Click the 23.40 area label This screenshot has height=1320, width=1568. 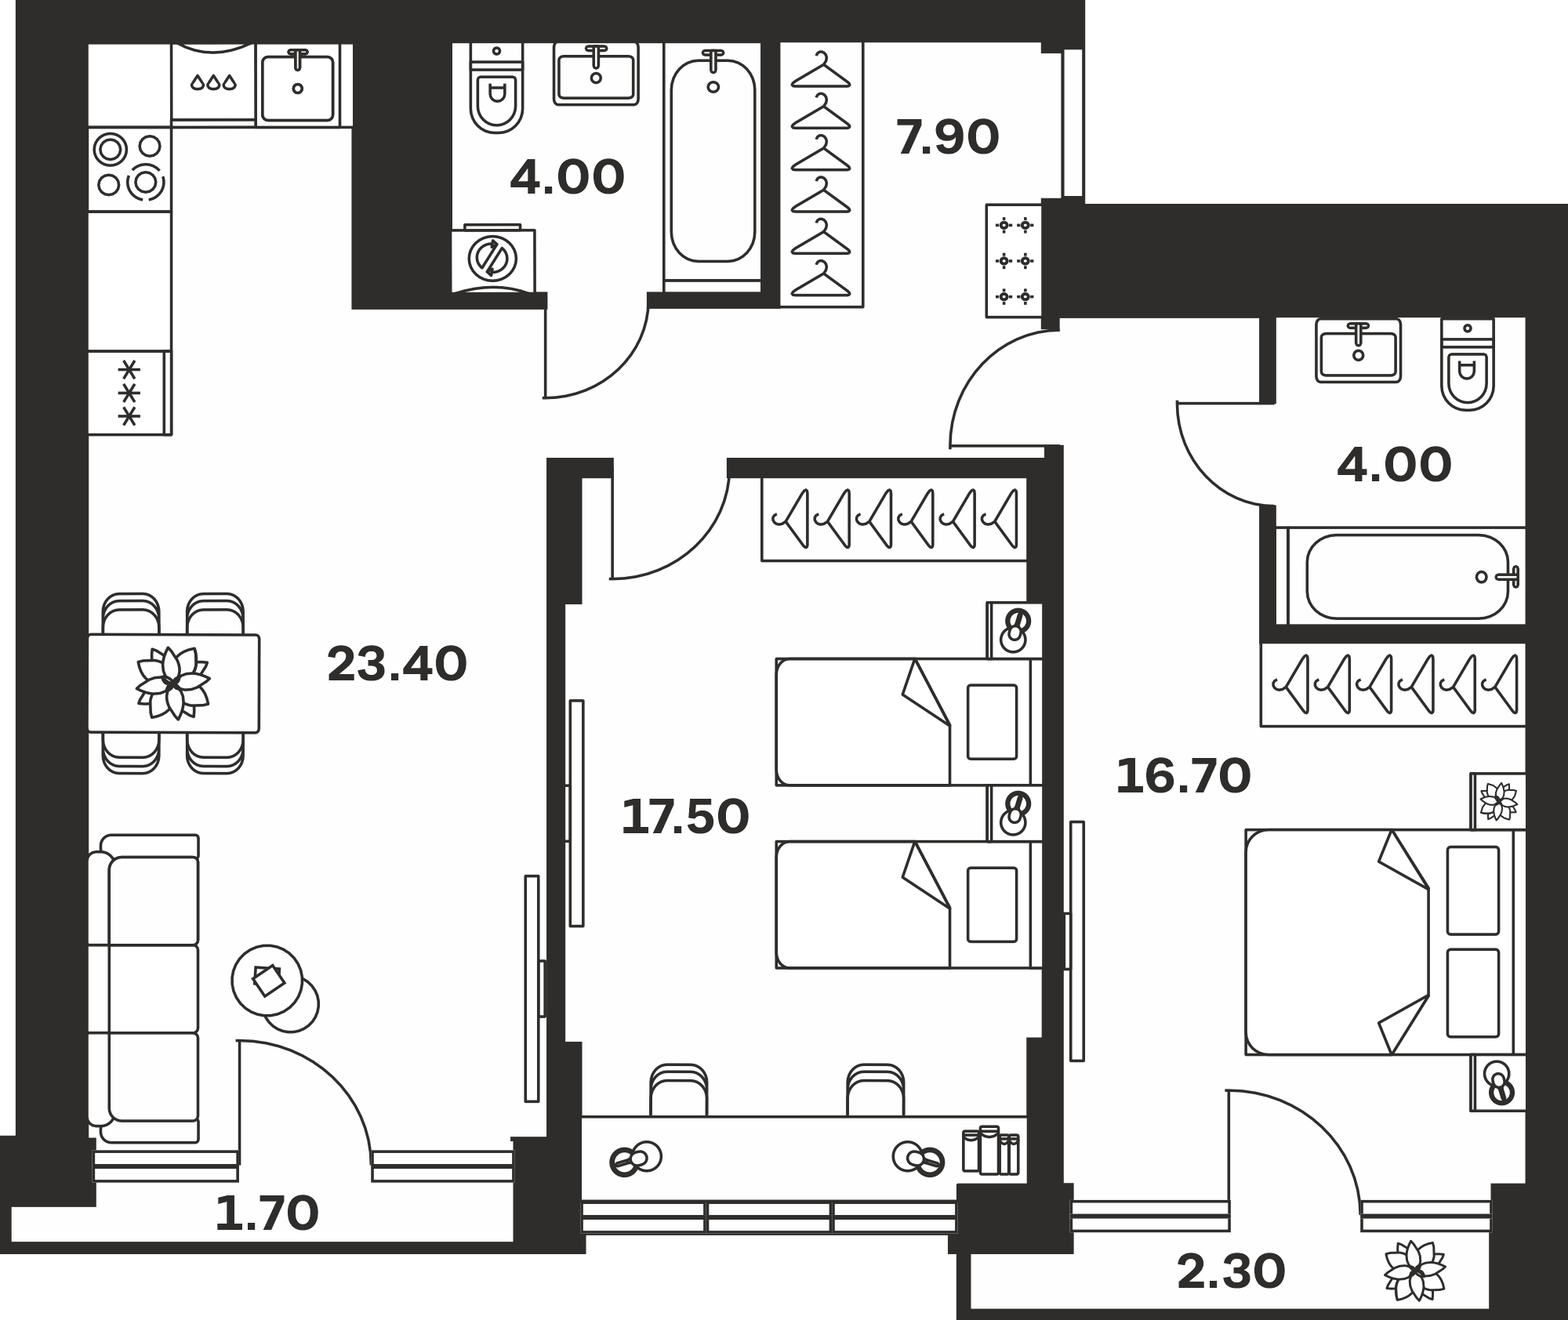397,664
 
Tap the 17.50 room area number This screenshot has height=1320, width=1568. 685,817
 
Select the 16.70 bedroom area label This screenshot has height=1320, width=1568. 1183,777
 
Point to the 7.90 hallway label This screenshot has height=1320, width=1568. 947,137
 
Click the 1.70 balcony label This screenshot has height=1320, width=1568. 267,1213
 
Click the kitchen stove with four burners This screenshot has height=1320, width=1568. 129,169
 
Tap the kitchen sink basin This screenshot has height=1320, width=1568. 298,86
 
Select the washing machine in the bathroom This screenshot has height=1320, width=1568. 493,259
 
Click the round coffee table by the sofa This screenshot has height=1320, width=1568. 267,981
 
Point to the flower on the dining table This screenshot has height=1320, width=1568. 172,683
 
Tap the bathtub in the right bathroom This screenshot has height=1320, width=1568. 1408,576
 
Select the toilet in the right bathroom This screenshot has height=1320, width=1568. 1468,364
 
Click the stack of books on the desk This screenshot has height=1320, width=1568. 991,1151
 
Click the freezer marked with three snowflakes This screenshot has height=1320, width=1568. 129,393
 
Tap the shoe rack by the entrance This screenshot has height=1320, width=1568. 1014,261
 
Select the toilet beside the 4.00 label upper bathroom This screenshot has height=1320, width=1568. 496,88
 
